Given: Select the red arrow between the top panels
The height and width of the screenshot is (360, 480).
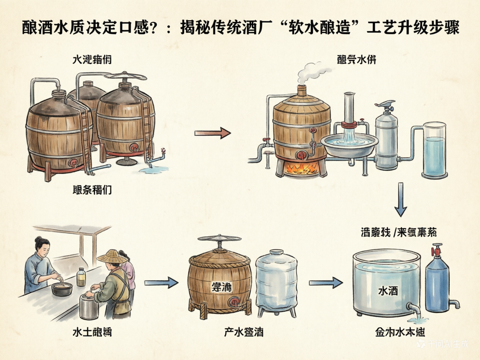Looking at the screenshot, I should coord(212,133).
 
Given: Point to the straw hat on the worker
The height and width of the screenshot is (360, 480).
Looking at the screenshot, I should coord(111,256).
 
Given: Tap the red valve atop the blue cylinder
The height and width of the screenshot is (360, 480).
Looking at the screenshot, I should coord(436,250).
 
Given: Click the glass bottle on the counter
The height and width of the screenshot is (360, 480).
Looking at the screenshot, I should coord(81,277).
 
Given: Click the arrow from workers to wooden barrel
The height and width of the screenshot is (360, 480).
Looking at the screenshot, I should coord(161,282).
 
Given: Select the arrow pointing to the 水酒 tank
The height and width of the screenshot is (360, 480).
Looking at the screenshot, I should coord(325,282).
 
